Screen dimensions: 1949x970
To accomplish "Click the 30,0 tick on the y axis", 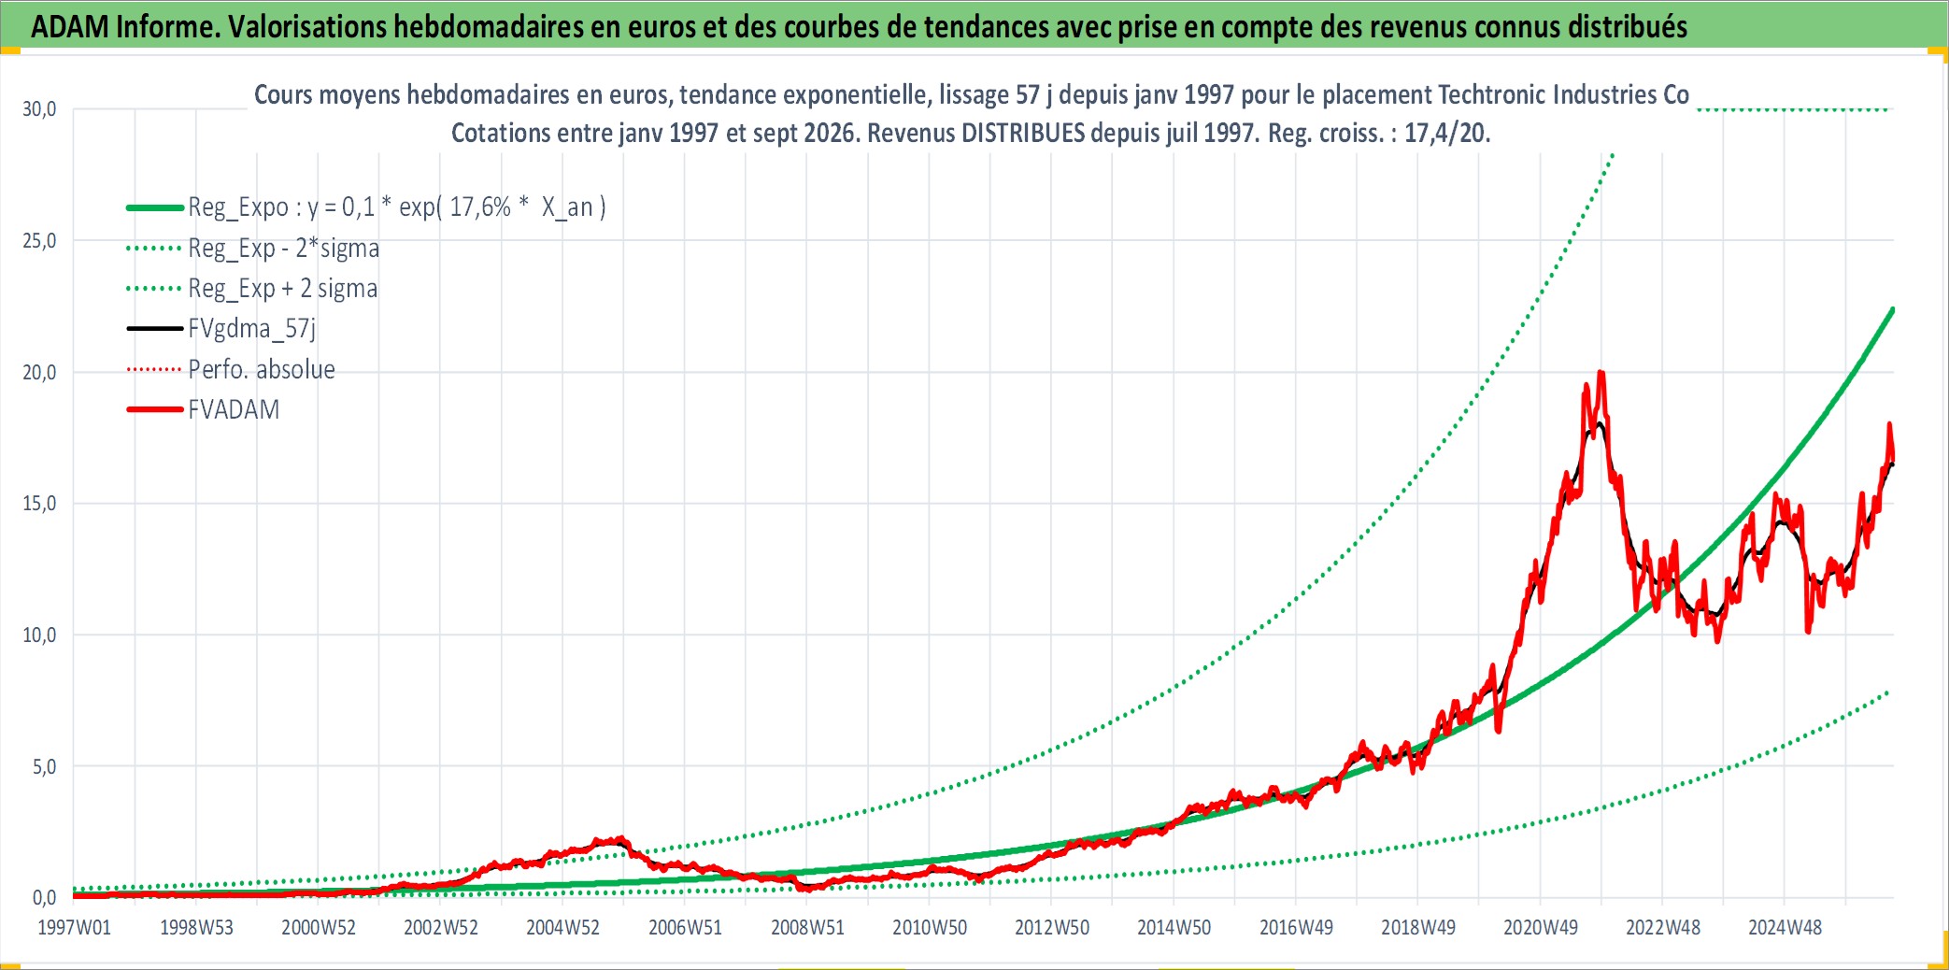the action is (x=39, y=109).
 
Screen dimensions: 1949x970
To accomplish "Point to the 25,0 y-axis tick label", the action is (x=39, y=241).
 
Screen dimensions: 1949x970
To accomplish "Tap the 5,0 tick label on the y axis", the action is (x=44, y=767).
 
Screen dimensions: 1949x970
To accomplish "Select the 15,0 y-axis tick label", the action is (x=39, y=504).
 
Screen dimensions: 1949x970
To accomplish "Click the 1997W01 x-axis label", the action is (x=74, y=928).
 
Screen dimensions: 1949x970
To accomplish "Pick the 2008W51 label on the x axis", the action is (x=807, y=928).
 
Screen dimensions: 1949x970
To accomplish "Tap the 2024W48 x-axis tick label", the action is (x=1785, y=928).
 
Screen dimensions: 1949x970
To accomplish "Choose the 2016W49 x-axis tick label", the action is (x=1296, y=928).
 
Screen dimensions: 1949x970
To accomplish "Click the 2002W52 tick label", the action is (x=441, y=928).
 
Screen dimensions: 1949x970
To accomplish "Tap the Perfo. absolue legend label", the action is (x=262, y=369).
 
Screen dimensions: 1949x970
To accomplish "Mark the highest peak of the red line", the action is (x=1601, y=373).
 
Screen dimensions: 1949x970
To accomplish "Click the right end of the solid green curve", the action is (x=1892, y=309).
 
